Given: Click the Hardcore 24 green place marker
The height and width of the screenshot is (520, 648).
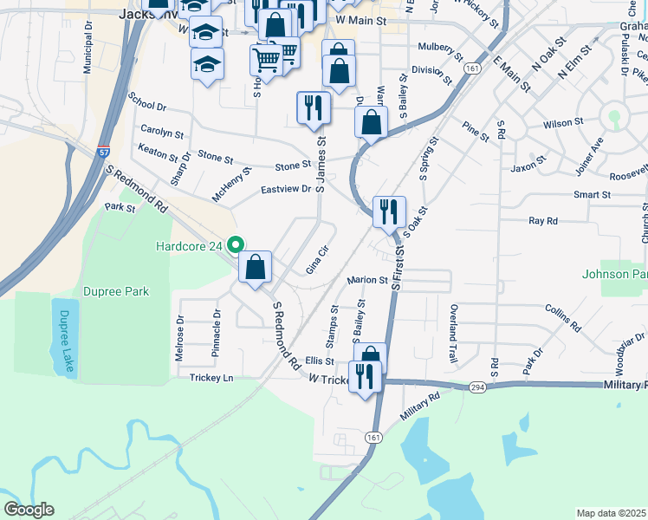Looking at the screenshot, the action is tap(232, 245).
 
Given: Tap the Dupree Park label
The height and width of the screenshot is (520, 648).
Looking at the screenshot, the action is tap(116, 291).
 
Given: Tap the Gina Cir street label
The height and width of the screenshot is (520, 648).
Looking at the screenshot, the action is tap(319, 260).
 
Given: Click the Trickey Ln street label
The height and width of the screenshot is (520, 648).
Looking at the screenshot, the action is tap(212, 378).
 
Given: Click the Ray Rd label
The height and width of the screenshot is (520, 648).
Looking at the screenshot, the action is tap(543, 221).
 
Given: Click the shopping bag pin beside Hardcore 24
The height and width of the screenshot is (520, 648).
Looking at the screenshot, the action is tap(256, 269).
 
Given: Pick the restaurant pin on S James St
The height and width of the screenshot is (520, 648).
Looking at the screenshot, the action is tap(313, 108).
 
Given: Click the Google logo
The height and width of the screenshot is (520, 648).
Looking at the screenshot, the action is tap(29, 510).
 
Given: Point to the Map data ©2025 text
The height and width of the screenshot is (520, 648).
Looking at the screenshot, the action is tap(611, 513).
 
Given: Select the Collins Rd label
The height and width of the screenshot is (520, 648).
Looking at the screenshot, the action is tap(562, 318).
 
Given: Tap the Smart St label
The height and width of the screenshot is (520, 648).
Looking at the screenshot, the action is tap(593, 195).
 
